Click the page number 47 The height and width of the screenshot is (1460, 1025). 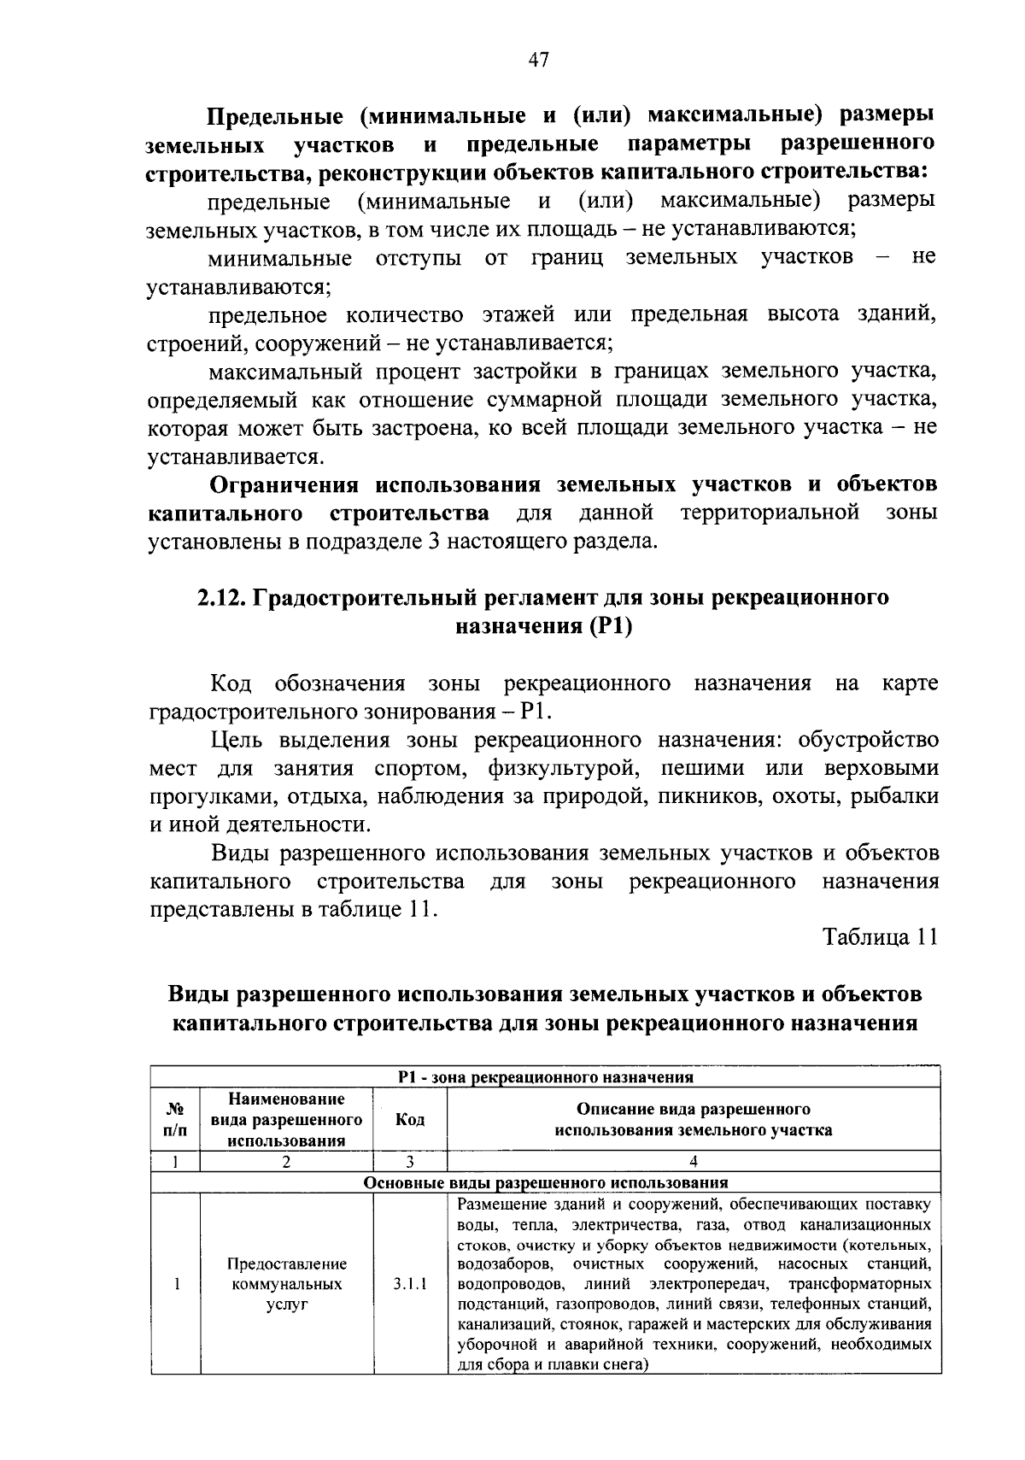click(538, 60)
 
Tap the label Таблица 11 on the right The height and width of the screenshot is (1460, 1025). click(880, 937)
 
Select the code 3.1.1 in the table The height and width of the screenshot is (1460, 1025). click(410, 1284)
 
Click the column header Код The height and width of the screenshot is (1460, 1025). click(410, 1120)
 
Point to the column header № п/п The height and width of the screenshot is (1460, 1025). click(175, 1120)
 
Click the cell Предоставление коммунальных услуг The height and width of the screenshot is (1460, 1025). click(287, 1284)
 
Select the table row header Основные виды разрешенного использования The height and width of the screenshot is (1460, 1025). click(546, 1183)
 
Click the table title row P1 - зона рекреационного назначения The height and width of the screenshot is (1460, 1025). click(546, 1077)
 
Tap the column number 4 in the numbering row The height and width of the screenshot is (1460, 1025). click(694, 1162)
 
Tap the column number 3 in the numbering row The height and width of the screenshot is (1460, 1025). click(410, 1162)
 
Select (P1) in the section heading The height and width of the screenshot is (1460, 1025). click(609, 626)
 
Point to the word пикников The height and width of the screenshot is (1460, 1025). click(705, 796)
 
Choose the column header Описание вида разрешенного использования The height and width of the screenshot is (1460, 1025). click(694, 1120)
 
